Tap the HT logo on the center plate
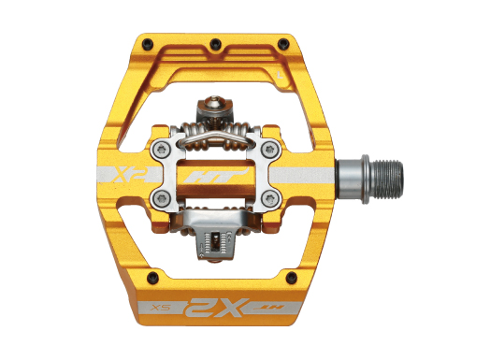[x=218, y=175]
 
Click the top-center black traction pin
[x=215, y=41]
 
